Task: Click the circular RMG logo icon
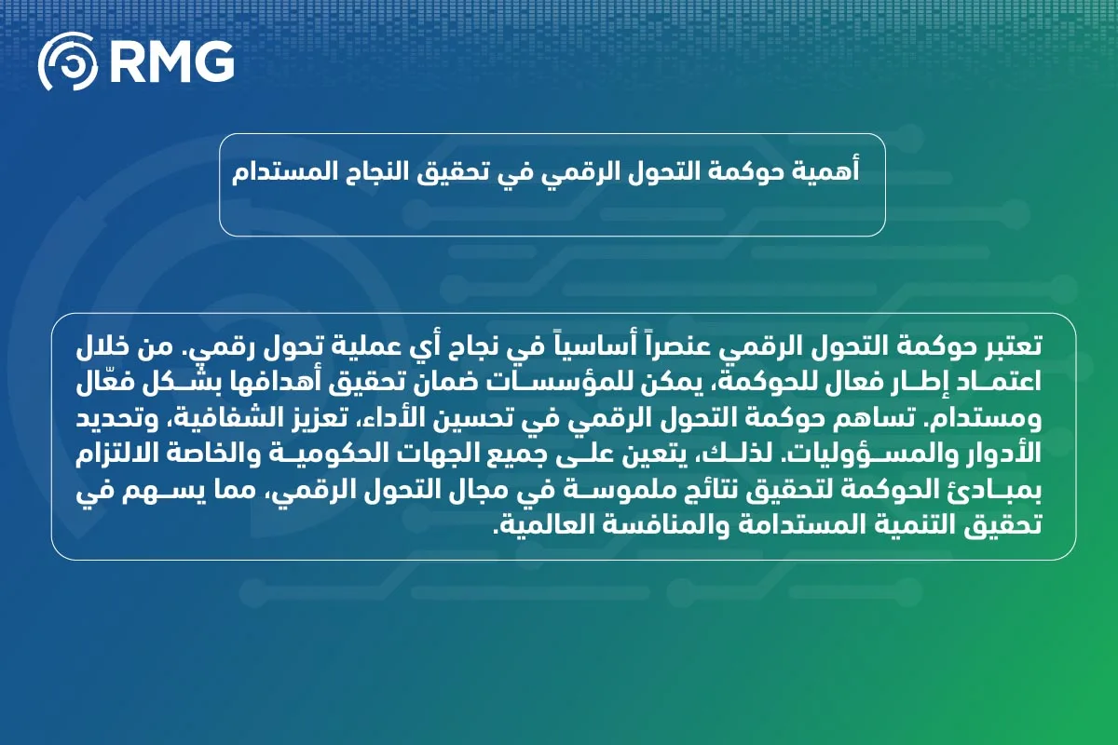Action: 68,61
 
